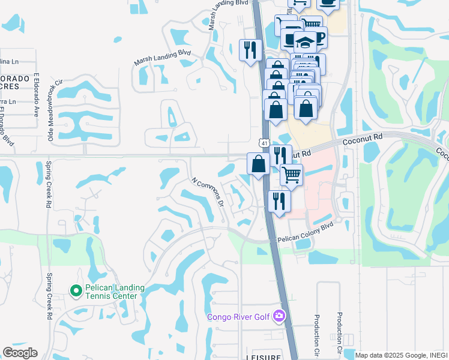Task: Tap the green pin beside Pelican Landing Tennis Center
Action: pos(76,292)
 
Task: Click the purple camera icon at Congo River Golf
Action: pos(279,316)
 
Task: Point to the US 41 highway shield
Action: pos(265,143)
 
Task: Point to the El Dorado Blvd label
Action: pos(8,130)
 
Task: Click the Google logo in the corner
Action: pos(20,353)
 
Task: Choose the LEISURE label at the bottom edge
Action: pos(263,356)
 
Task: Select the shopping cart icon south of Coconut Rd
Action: pos(291,174)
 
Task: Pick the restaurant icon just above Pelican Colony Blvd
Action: pos(279,200)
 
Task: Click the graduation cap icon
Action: pos(306,41)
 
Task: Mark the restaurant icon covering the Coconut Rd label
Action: pos(280,155)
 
